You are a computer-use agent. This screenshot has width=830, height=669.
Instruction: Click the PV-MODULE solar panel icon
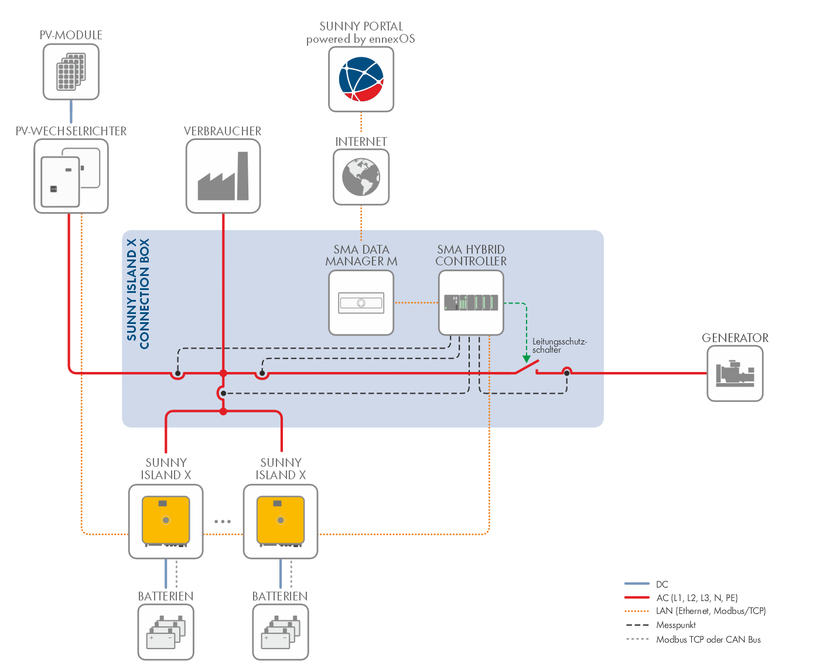71,72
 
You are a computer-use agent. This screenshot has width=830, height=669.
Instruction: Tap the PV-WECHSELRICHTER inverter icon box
71,176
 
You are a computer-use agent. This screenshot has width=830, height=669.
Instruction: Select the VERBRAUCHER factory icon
223,176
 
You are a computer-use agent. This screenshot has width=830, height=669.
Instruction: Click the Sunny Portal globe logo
361,79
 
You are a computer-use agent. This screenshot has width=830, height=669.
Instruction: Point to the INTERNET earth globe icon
361,177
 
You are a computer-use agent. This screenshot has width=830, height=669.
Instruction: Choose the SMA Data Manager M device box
361,303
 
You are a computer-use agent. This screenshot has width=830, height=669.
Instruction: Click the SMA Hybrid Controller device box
471,303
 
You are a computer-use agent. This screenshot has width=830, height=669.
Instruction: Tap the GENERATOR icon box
735,373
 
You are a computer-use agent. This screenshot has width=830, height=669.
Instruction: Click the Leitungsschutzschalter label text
559,346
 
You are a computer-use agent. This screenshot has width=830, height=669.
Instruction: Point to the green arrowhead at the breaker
527,359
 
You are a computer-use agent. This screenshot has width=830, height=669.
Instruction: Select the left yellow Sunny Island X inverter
166,521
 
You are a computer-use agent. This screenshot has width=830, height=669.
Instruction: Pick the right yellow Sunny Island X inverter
281,521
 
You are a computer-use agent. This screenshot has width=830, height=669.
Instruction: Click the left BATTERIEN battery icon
166,632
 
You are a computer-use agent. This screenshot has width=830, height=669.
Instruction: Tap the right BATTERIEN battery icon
281,632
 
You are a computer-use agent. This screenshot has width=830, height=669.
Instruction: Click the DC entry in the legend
662,584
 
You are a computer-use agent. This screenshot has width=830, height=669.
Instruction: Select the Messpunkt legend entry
676,625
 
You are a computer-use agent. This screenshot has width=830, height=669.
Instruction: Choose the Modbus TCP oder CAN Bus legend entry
708,640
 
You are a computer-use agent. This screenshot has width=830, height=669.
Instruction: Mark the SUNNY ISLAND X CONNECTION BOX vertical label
138,293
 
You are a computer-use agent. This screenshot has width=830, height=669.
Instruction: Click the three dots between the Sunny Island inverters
223,521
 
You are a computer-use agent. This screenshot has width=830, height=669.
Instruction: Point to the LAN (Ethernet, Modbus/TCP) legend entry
711,611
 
